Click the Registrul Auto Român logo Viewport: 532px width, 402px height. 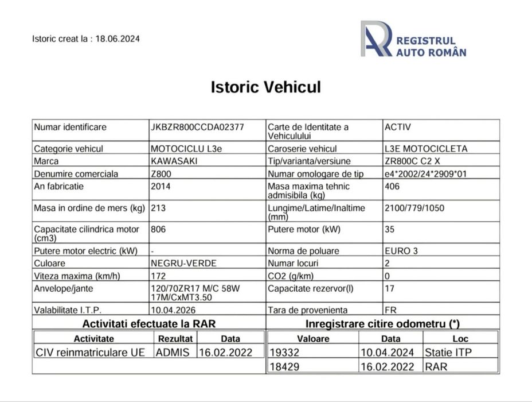(413, 40)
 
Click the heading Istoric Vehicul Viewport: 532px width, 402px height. (266, 87)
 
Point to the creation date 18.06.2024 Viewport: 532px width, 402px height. (118, 39)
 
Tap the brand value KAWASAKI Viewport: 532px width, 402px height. (174, 161)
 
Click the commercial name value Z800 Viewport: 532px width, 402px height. (161, 173)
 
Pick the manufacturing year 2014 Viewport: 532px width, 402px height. (161, 186)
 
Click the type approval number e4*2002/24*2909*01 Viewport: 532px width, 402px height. (427, 173)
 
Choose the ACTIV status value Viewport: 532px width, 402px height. (398, 127)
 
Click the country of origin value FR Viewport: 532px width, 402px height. (391, 310)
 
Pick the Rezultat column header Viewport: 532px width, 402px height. (175, 339)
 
